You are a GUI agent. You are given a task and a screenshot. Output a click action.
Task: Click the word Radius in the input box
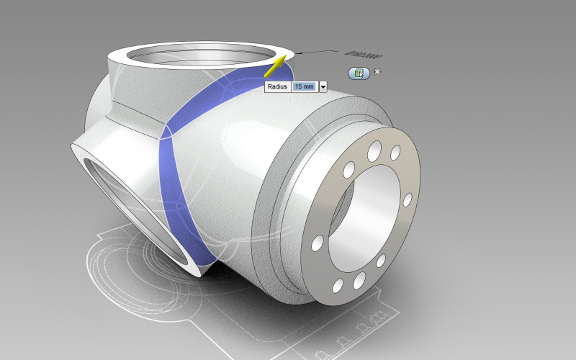(x=277, y=87)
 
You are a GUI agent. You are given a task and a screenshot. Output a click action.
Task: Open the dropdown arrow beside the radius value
(x=323, y=87)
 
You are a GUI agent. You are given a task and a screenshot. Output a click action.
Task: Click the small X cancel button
(x=377, y=72)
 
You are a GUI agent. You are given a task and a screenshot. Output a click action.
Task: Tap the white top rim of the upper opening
(x=150, y=44)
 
